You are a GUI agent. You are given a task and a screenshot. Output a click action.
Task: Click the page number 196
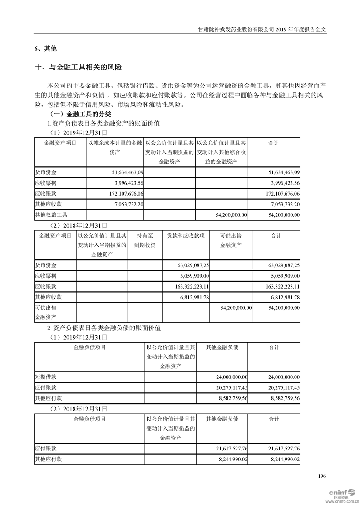[322, 476]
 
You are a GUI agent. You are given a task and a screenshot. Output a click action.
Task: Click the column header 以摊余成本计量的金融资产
[115, 148]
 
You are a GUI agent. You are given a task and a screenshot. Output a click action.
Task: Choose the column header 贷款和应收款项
[186, 236]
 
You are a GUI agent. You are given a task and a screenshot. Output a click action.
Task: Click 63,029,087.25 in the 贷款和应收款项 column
[192, 265]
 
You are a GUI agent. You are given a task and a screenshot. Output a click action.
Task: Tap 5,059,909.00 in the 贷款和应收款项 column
[194, 276]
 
